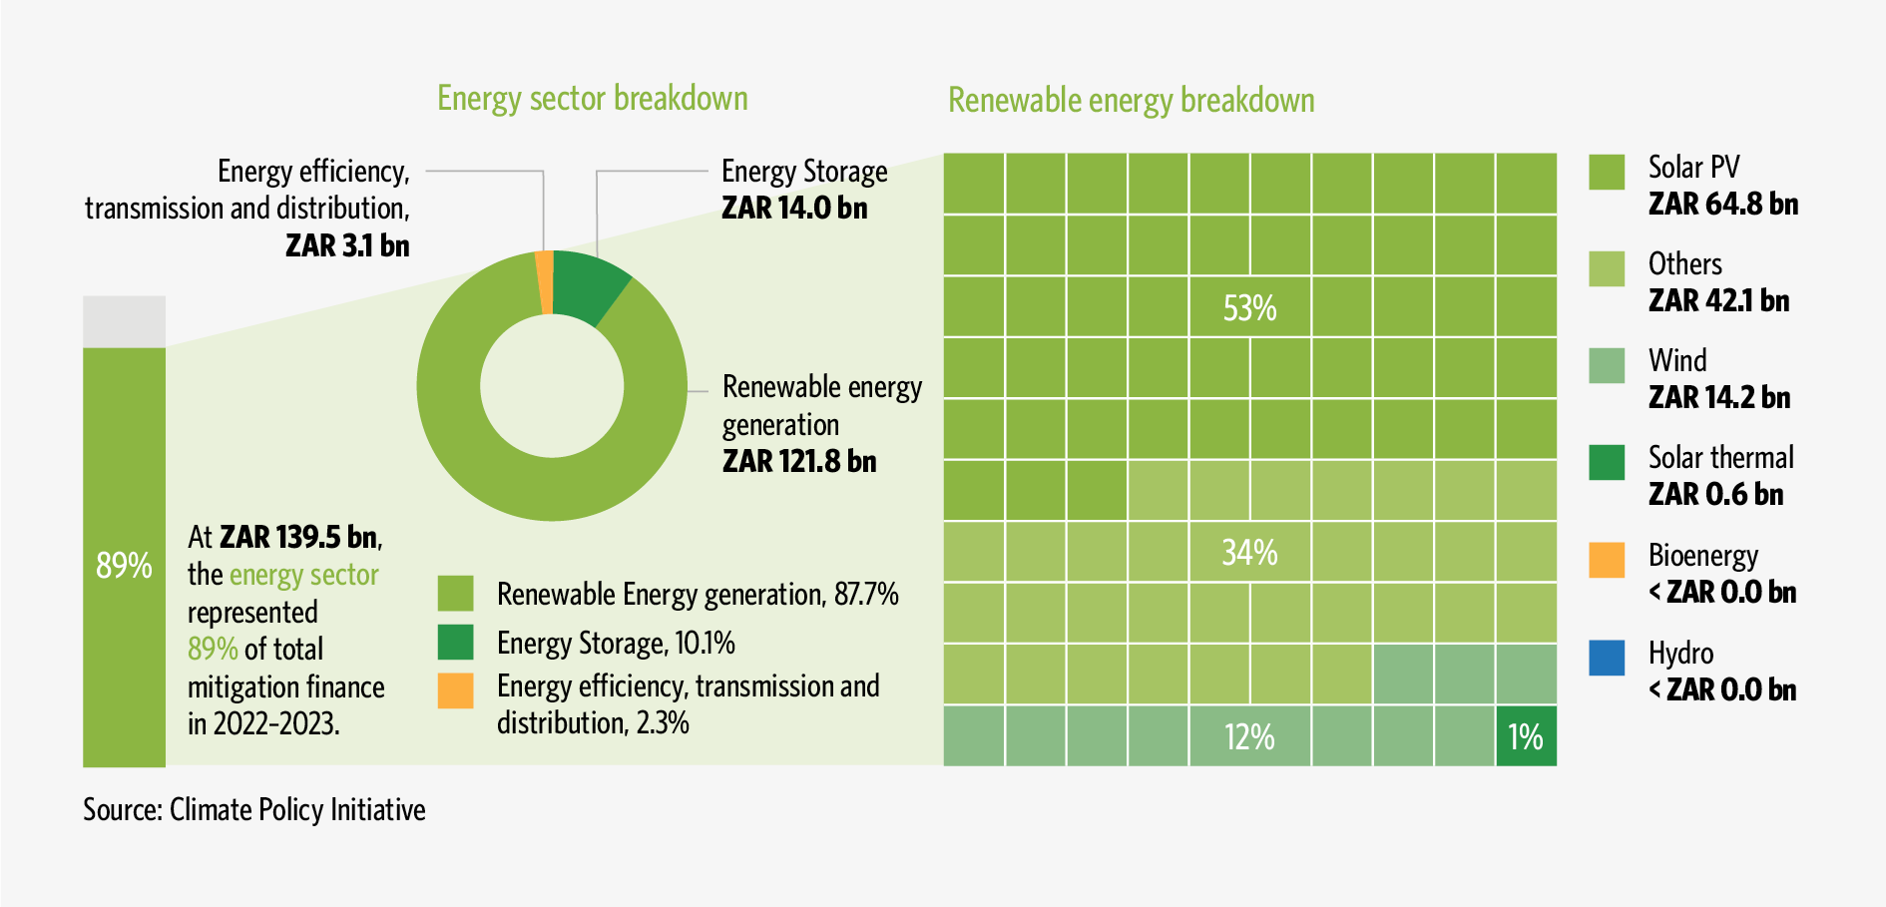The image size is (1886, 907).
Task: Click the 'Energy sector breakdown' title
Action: (593, 99)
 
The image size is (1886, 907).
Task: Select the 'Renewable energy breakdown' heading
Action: (1131, 101)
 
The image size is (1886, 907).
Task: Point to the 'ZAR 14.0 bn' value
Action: (794, 209)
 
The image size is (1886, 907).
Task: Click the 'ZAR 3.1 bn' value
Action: (347, 245)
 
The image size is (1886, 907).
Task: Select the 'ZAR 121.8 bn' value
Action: (799, 462)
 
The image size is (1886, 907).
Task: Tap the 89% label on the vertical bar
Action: (124, 566)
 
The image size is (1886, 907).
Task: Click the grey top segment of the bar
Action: (124, 321)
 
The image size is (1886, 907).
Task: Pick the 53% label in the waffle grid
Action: (1249, 308)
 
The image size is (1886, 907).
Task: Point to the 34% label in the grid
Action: (1249, 552)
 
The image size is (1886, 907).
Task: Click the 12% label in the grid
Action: (1249, 737)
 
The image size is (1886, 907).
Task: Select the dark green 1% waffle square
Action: (1526, 737)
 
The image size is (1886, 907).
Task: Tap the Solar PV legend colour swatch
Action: (1607, 172)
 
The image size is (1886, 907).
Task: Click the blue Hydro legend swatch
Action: (1607, 658)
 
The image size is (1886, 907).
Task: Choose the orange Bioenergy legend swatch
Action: (1607, 560)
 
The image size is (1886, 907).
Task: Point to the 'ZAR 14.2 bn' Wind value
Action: (1718, 398)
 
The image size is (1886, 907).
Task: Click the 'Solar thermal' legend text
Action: (1720, 458)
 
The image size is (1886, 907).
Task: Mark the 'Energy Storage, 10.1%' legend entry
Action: (616, 644)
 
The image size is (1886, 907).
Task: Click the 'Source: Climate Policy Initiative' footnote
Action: (254, 809)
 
